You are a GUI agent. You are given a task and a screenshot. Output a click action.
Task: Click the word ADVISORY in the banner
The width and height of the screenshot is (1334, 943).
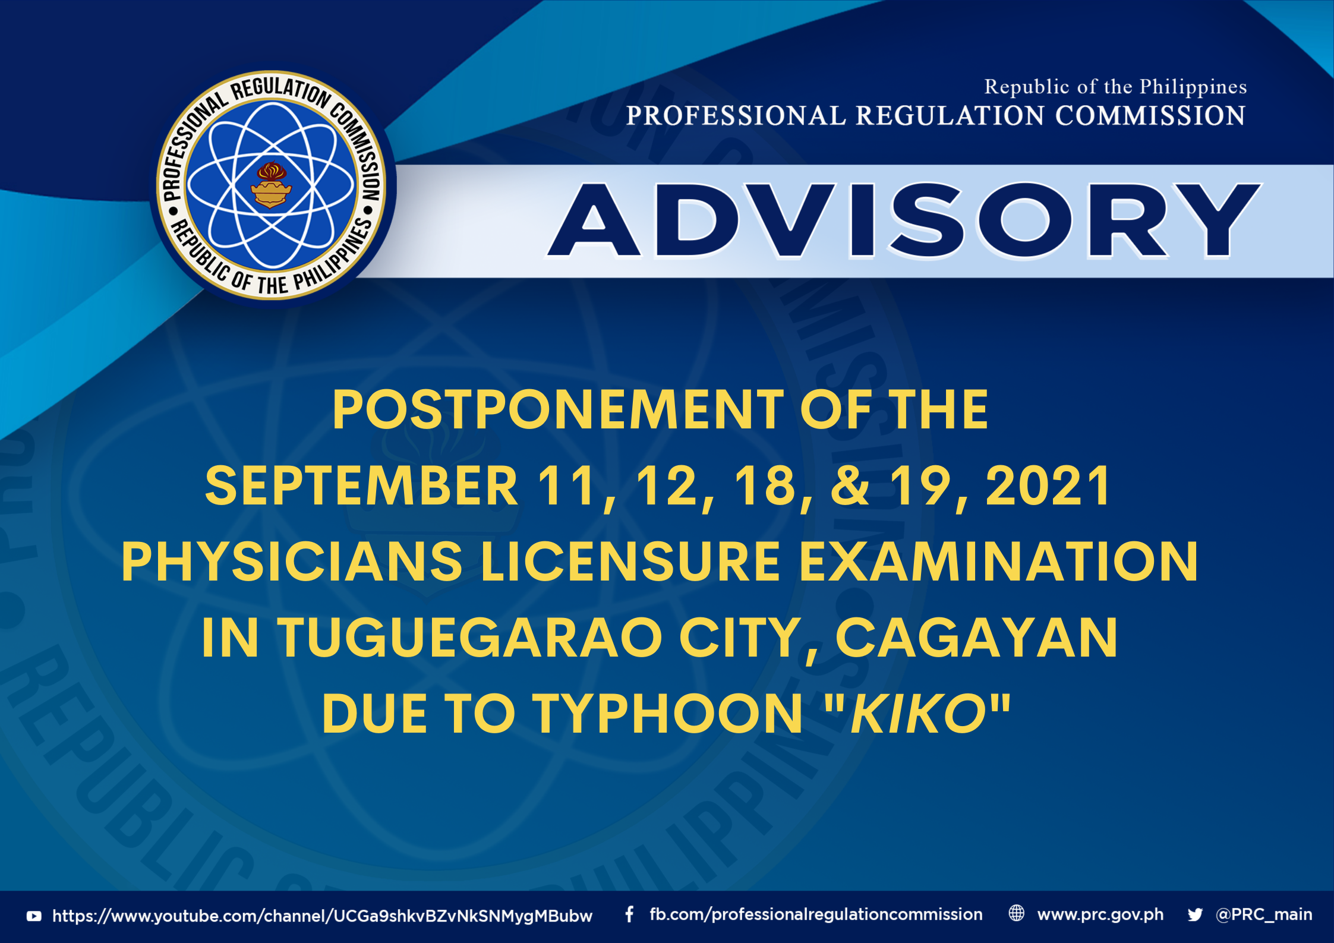(x=904, y=220)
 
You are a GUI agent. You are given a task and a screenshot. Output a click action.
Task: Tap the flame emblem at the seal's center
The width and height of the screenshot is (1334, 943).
(x=271, y=185)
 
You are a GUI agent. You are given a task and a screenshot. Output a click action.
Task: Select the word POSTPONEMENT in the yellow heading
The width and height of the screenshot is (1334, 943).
(x=558, y=409)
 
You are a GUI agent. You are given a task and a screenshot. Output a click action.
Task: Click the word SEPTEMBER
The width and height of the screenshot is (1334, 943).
(x=361, y=485)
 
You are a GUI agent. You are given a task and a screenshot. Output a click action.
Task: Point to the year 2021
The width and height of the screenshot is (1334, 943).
(x=1048, y=485)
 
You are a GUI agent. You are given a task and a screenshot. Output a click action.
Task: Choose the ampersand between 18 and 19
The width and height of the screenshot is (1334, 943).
(x=850, y=485)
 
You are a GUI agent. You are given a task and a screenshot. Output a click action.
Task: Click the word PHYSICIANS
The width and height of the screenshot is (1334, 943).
(x=292, y=562)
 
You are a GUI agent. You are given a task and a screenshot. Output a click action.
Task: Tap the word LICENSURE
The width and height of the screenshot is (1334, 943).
(x=630, y=562)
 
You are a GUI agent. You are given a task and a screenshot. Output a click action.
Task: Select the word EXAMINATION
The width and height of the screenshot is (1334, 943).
(x=999, y=562)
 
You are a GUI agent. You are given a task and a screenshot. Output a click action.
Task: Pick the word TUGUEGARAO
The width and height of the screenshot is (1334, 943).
(x=469, y=638)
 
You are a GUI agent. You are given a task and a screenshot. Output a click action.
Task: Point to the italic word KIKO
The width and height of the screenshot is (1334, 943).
(x=918, y=714)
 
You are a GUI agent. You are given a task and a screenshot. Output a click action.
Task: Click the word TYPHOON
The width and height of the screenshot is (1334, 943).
(x=667, y=714)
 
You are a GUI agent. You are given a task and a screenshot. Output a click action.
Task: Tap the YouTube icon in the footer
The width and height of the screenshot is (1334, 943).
(x=34, y=916)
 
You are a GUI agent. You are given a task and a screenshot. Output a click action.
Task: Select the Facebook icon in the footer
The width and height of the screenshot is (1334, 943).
(x=629, y=914)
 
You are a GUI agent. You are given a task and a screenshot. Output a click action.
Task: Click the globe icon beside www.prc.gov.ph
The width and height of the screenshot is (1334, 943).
(x=1017, y=913)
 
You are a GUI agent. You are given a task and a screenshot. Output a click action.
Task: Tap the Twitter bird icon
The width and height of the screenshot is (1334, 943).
(x=1195, y=914)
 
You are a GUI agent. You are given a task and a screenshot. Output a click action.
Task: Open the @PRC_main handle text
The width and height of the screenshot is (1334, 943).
(x=1264, y=914)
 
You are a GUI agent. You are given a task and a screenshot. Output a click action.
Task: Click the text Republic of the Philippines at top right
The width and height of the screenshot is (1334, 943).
(x=1115, y=87)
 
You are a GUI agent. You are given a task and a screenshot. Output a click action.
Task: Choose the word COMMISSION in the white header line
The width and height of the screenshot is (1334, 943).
(x=1150, y=115)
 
